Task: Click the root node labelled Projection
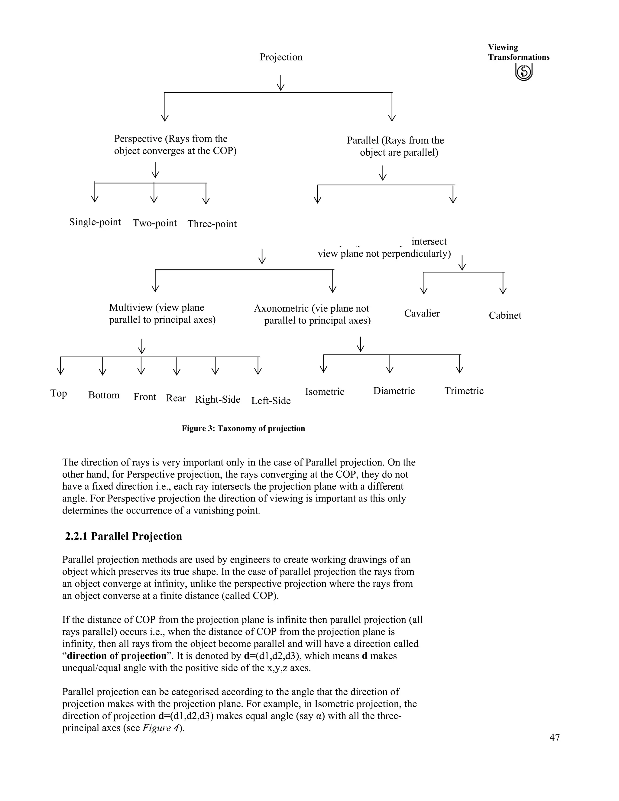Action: pyautogui.click(x=281, y=57)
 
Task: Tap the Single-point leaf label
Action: pyautogui.click(x=95, y=222)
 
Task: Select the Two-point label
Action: pyautogui.click(x=155, y=223)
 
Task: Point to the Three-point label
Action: pyautogui.click(x=212, y=224)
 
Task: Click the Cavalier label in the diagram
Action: pyautogui.click(x=422, y=313)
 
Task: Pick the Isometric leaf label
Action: pyautogui.click(x=325, y=392)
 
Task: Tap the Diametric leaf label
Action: pyautogui.click(x=394, y=391)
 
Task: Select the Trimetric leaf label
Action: pyautogui.click(x=464, y=391)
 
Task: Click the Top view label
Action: pyautogui.click(x=59, y=394)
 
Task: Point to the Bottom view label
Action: pyautogui.click(x=104, y=395)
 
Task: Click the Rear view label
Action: pyautogui.click(x=176, y=398)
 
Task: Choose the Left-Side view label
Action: pyautogui.click(x=271, y=401)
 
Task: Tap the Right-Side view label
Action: pyautogui.click(x=218, y=399)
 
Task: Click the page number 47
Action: pyautogui.click(x=554, y=738)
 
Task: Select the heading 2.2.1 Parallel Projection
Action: pyautogui.click(x=124, y=536)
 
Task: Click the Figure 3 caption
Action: pyautogui.click(x=244, y=429)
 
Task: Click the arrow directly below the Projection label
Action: pyautogui.click(x=281, y=83)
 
